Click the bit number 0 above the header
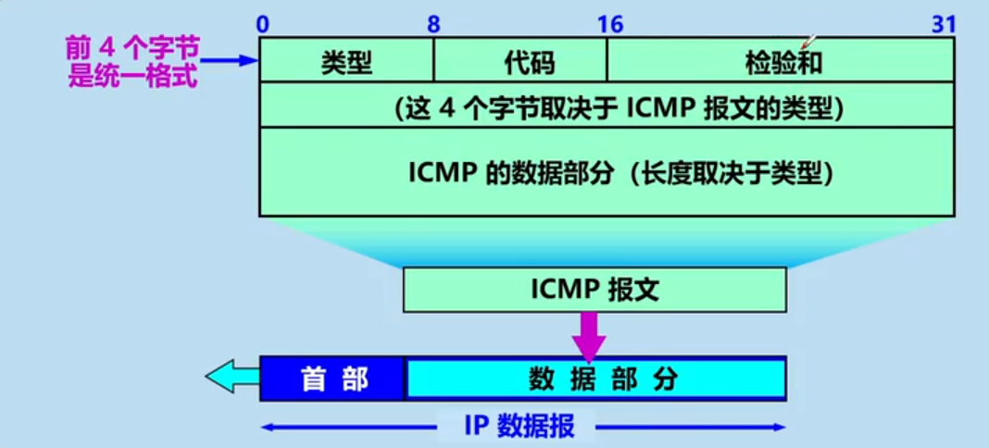coord(263,25)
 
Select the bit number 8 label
coord(433,25)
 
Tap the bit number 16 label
coord(610,25)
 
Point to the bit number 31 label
coord(944,25)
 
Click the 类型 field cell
coord(346,62)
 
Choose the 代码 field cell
coord(520,62)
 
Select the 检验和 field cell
coord(782,62)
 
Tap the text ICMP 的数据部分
coord(510,174)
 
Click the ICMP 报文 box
coord(595,290)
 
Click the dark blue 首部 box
coord(333,379)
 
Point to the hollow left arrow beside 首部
coord(232,378)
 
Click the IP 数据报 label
coord(520,426)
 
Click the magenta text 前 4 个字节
coord(131,46)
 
